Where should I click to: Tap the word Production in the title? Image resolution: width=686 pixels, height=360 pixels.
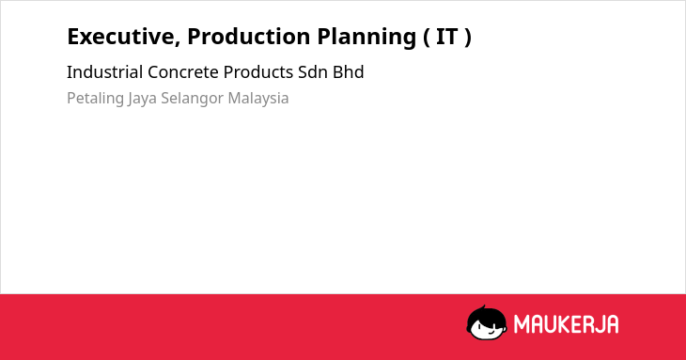click(x=249, y=37)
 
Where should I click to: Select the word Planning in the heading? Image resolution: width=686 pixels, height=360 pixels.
click(x=366, y=38)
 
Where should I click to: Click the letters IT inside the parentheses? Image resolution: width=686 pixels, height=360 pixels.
click(x=446, y=37)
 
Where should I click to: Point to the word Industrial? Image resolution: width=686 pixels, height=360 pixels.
click(x=104, y=72)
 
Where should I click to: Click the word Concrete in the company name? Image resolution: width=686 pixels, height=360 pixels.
click(x=183, y=72)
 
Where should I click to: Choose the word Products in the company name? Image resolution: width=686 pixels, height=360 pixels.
click(x=258, y=72)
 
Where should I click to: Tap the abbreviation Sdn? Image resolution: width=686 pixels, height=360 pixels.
click(x=313, y=72)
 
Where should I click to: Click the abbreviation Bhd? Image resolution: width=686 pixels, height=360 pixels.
click(x=349, y=72)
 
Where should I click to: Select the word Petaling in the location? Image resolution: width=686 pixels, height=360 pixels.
click(x=95, y=99)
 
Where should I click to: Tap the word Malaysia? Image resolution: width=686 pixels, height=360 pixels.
click(x=258, y=99)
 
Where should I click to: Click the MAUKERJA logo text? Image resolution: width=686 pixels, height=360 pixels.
click(x=566, y=324)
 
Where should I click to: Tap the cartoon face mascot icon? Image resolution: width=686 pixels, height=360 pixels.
click(x=487, y=323)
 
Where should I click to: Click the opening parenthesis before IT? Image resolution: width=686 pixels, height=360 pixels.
click(x=426, y=38)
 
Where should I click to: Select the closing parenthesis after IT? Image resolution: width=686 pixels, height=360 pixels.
click(x=468, y=38)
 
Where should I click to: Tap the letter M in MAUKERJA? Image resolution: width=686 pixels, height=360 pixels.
click(x=522, y=324)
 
